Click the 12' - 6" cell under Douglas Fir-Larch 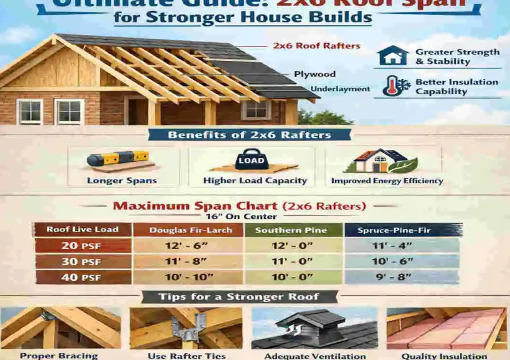[x=188, y=245]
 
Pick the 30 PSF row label [x=82, y=261]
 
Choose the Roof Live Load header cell [x=82, y=230]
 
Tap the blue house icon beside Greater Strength [x=392, y=56]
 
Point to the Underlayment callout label [x=340, y=89]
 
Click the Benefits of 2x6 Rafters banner [x=249, y=135]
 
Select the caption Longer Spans [x=122, y=181]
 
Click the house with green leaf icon [x=382, y=162]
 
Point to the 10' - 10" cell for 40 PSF [x=188, y=277]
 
